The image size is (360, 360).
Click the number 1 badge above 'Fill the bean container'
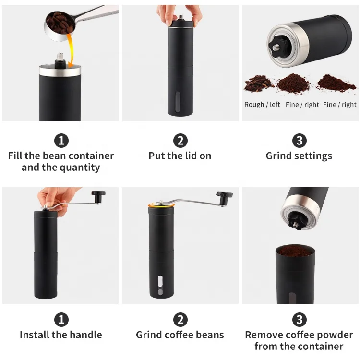click(x=61, y=141)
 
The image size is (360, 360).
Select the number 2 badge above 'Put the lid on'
click(x=180, y=141)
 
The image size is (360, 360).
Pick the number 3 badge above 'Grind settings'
click(x=299, y=141)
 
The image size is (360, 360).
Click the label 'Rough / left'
click(x=262, y=105)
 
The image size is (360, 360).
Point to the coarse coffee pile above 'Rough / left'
click(x=259, y=84)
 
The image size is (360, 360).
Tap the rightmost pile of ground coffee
click(x=336, y=83)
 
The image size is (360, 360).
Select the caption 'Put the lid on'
click(x=180, y=156)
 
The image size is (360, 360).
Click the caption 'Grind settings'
click(x=299, y=156)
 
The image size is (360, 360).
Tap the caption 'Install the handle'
click(x=61, y=335)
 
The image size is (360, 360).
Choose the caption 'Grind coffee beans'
click(x=180, y=335)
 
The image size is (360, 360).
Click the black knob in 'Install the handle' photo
click(x=98, y=196)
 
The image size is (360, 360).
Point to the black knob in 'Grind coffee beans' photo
click(x=223, y=196)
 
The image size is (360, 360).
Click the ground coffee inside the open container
click(x=295, y=251)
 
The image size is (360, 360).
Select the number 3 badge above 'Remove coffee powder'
click(x=299, y=320)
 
